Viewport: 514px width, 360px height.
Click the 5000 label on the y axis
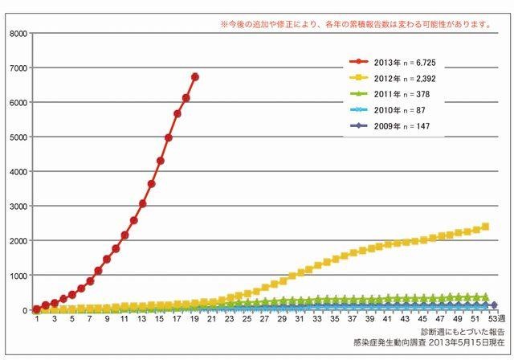(x=17, y=137)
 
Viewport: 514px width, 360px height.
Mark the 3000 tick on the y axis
(x=17, y=207)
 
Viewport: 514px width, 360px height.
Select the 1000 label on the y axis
(x=17, y=276)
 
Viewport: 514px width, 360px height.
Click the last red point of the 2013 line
(x=195, y=77)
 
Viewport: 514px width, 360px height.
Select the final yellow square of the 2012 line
(x=485, y=227)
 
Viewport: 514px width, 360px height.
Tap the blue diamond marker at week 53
(x=494, y=305)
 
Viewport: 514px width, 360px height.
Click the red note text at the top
(x=355, y=24)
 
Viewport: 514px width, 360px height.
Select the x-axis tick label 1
(x=37, y=320)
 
